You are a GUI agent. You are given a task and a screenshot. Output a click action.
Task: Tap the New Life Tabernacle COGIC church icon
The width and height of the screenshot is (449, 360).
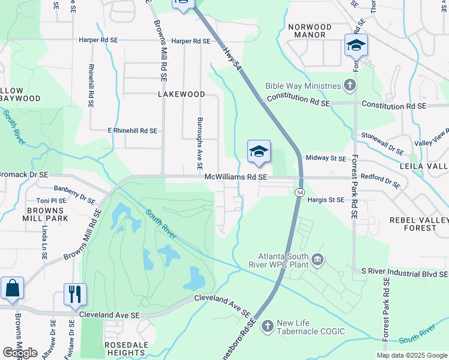(x=267, y=325)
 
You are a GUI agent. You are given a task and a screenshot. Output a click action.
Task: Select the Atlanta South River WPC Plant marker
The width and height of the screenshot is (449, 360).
(x=318, y=259)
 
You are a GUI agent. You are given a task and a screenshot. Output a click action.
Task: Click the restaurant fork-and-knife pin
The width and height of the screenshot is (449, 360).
(x=75, y=294)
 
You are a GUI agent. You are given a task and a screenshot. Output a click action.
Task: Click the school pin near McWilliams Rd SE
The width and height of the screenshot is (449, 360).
(x=259, y=152)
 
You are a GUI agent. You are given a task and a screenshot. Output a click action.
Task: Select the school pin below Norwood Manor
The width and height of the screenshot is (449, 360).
(x=356, y=46)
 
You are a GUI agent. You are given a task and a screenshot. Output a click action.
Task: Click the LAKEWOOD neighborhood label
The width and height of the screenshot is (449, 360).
(x=181, y=95)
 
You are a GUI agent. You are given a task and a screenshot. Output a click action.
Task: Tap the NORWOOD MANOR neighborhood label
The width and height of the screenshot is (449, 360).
(x=309, y=31)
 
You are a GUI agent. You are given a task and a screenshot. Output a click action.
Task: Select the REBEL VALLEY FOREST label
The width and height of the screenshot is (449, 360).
(x=418, y=224)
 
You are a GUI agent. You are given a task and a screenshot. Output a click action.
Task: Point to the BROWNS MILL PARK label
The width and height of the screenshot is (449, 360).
(x=45, y=215)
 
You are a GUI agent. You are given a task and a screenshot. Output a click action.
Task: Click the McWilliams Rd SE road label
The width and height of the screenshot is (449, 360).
(x=235, y=177)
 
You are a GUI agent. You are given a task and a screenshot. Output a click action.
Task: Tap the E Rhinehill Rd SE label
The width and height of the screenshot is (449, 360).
(x=132, y=130)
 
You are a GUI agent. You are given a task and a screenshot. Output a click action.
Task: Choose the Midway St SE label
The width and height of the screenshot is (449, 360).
(x=326, y=158)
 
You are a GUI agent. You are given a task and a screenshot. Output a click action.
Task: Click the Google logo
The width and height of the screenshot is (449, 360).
(x=20, y=353)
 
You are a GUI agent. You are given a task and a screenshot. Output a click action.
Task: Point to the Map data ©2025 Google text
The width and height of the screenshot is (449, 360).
(x=411, y=355)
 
